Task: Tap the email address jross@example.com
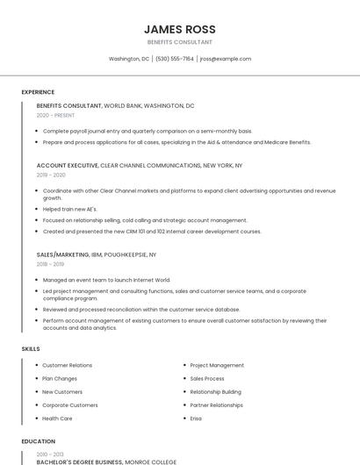tap(226, 59)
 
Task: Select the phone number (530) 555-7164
tap(175, 59)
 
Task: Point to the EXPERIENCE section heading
tap(38, 92)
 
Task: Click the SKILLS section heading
tap(31, 349)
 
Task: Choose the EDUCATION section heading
tap(39, 441)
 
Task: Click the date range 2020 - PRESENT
tap(55, 115)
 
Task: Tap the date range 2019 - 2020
tap(51, 175)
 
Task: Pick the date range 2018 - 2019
tap(50, 264)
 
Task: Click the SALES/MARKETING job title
tap(62, 254)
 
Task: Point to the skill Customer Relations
tap(67, 365)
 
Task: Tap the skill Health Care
tap(57, 418)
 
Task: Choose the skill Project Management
tap(217, 365)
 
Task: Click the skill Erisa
tap(196, 418)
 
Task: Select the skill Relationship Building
tap(215, 392)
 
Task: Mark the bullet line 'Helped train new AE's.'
tap(70, 209)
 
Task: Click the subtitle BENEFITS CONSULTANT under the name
tap(180, 42)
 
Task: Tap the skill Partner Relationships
tap(216, 405)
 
